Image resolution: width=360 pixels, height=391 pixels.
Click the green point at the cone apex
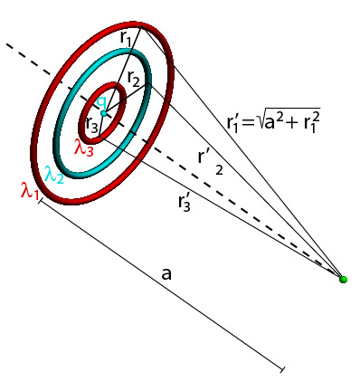click(x=343, y=278)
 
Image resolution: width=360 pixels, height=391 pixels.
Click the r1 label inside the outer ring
click(x=126, y=39)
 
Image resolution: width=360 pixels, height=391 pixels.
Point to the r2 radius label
click(x=134, y=80)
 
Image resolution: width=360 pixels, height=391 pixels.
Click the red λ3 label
click(x=83, y=149)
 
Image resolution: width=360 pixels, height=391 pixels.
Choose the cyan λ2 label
click(x=54, y=174)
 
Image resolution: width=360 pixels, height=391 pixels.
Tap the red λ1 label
click(x=29, y=189)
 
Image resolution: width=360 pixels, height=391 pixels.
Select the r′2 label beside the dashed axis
click(x=209, y=157)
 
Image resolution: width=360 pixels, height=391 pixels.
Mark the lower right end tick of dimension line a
click(x=283, y=369)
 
